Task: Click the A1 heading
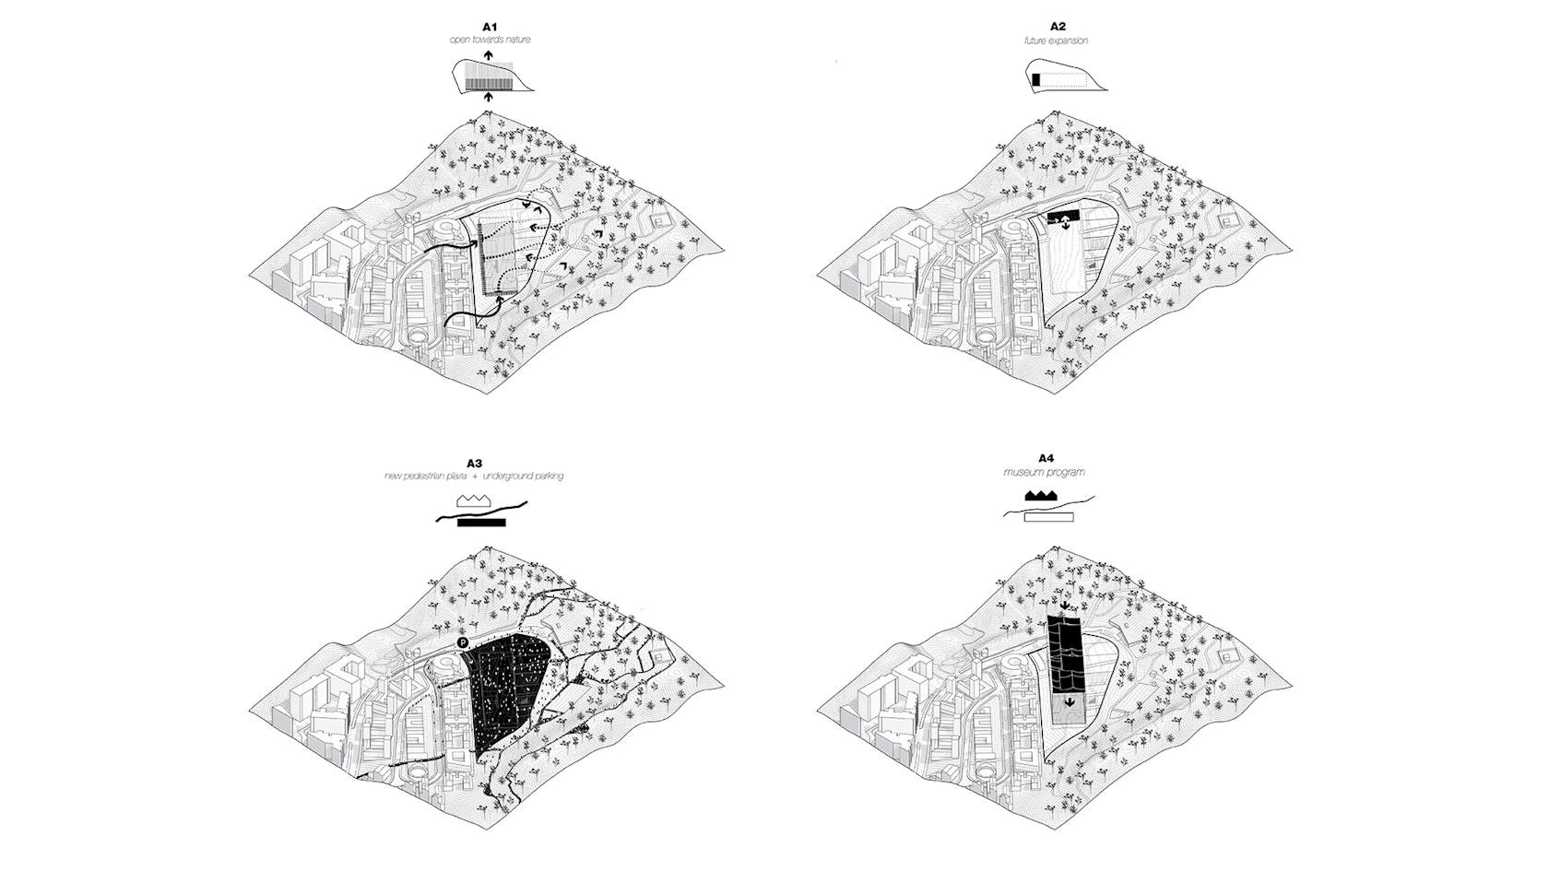coord(490,27)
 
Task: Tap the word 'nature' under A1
coord(517,41)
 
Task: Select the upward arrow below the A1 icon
coord(489,98)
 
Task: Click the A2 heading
coord(1058,27)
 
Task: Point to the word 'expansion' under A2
coord(1070,41)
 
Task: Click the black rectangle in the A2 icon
coord(1036,80)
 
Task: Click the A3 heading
coord(474,464)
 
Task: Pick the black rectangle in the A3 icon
coord(481,523)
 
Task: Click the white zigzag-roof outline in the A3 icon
coord(474,501)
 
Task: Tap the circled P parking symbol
coord(463,643)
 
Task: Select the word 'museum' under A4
coord(1020,472)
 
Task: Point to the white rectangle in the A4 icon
coord(1049,517)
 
